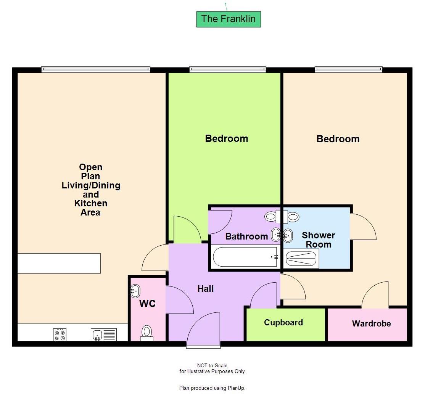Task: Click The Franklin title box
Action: coord(229,19)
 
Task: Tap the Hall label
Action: coord(205,289)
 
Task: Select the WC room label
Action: coord(147,304)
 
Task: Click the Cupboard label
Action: coord(283,323)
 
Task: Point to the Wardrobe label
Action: coord(371,324)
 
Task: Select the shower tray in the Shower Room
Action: coord(302,259)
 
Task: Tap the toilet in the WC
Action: coord(146,333)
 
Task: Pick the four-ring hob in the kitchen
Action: coord(60,334)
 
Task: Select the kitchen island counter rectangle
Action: coord(59,263)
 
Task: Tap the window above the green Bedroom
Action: coord(227,69)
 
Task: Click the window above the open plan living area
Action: coord(95,69)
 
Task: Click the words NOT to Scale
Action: coord(212,365)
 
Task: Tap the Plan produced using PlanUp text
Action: coord(212,388)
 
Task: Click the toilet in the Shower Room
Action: coord(293,217)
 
